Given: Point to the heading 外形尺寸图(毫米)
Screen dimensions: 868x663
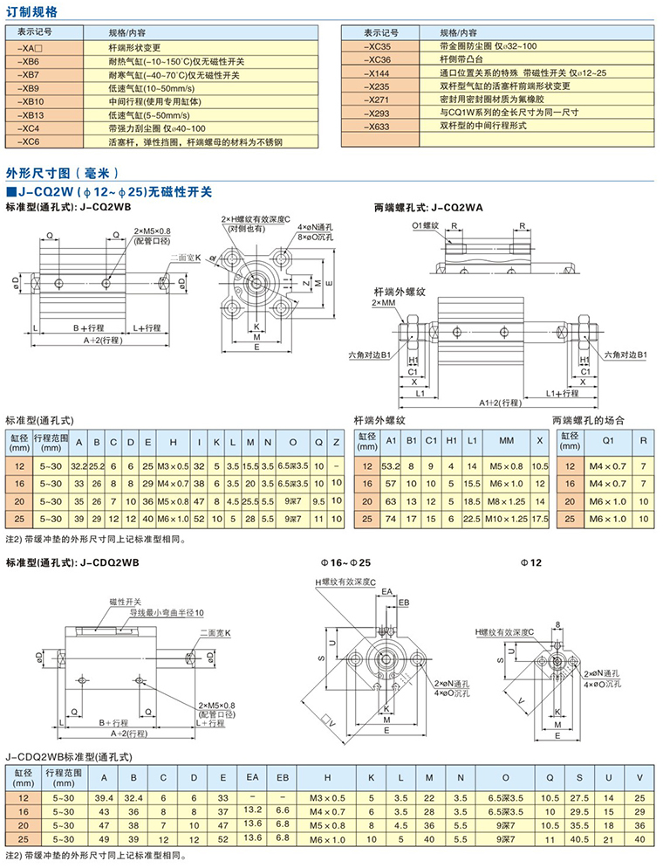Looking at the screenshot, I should pos(61,172).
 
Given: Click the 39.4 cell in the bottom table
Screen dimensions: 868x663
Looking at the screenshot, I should pos(105,798).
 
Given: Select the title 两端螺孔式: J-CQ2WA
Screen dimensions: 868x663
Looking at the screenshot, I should pos(428,208).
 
